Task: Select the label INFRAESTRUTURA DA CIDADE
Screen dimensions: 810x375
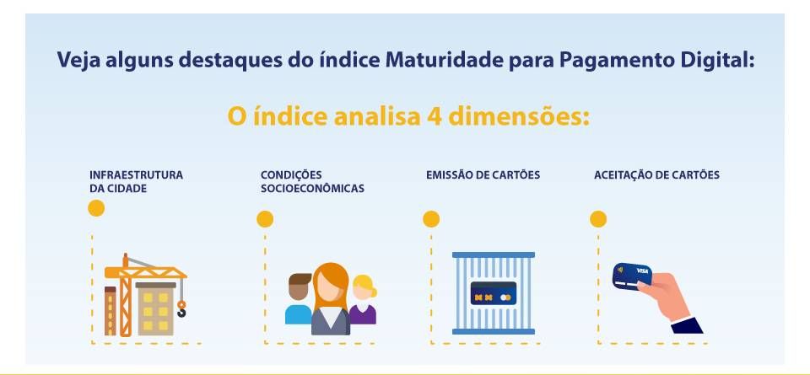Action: point(137,181)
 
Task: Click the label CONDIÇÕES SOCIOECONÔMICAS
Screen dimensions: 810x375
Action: point(312,181)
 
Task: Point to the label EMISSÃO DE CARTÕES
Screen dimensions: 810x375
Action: point(483,175)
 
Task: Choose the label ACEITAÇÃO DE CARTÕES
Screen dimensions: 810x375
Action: point(656,175)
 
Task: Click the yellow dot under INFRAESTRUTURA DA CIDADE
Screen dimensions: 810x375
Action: point(96,208)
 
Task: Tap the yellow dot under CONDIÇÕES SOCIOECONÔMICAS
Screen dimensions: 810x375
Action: point(265,219)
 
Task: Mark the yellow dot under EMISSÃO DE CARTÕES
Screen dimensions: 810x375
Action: point(431,219)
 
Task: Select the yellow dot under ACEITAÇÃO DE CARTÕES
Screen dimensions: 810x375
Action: point(598,219)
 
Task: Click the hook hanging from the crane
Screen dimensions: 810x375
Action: point(181,309)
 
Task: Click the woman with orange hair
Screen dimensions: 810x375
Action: point(331,298)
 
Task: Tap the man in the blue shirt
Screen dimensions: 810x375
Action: point(299,298)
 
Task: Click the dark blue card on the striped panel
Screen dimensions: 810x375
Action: point(494,293)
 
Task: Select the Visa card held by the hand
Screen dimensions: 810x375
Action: point(632,276)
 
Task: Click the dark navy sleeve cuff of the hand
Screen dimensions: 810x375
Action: point(687,325)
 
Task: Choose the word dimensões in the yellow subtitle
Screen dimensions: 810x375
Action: point(519,117)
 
